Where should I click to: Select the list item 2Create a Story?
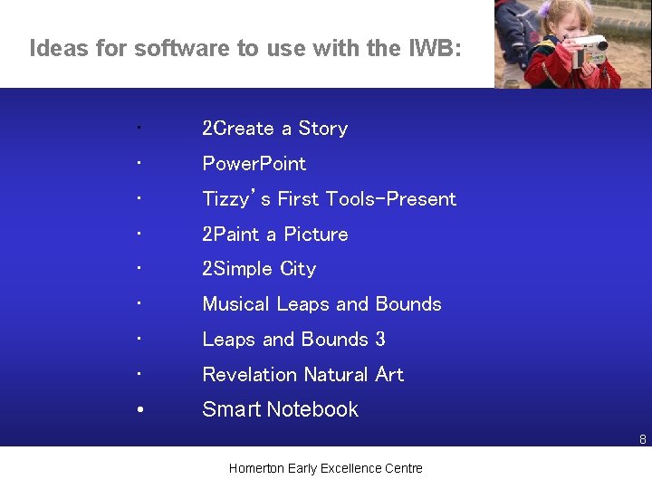coord(274,129)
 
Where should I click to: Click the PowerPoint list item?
coord(254,164)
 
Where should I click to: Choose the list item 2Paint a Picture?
coord(274,235)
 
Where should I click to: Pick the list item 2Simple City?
coord(259,269)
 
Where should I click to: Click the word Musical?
coord(236,304)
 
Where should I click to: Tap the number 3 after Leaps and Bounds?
coord(380,340)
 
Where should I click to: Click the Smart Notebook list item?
coord(280,409)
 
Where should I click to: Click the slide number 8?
coord(642,440)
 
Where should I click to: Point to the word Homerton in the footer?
coord(256,468)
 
